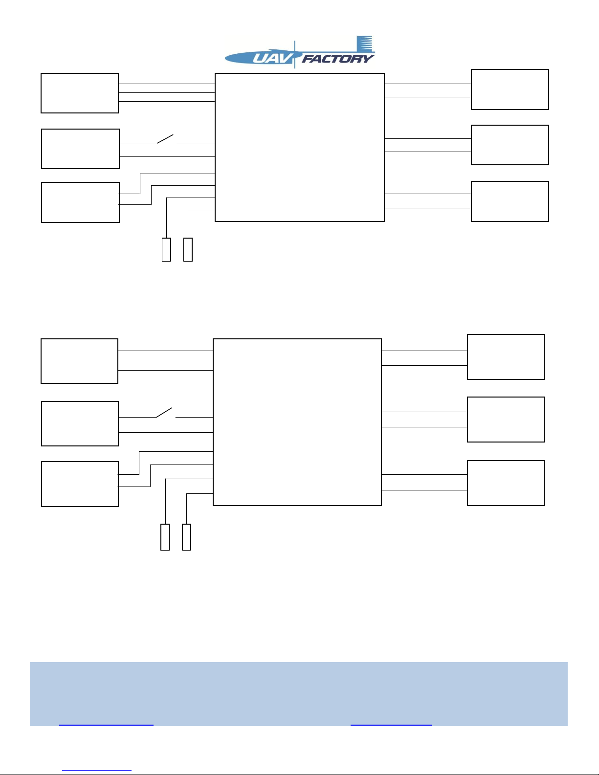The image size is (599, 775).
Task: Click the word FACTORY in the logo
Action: (x=338, y=59)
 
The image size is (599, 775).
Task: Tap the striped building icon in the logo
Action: (x=364, y=44)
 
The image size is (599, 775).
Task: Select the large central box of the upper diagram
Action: (x=299, y=147)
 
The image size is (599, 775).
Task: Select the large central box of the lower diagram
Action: (x=297, y=422)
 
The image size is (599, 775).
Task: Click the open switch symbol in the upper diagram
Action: (x=166, y=139)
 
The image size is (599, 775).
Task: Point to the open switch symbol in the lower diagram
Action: (x=165, y=413)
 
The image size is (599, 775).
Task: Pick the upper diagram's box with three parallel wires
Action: (x=80, y=93)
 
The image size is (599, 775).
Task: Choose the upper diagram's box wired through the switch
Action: (x=80, y=149)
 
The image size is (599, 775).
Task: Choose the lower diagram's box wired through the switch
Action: (x=80, y=423)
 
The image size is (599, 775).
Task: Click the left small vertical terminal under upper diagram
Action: (x=166, y=249)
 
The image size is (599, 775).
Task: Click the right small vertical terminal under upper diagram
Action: (x=188, y=249)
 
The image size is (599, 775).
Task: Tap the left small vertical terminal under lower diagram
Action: (x=165, y=537)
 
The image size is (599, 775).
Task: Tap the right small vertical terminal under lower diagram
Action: (x=186, y=537)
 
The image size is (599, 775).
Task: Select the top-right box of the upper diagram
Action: (x=510, y=89)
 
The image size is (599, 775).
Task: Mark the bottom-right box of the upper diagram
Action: (x=510, y=201)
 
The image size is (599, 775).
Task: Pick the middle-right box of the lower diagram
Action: (x=506, y=420)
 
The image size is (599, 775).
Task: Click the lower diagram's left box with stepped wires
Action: (x=80, y=484)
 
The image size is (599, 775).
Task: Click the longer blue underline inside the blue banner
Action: (x=106, y=725)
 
